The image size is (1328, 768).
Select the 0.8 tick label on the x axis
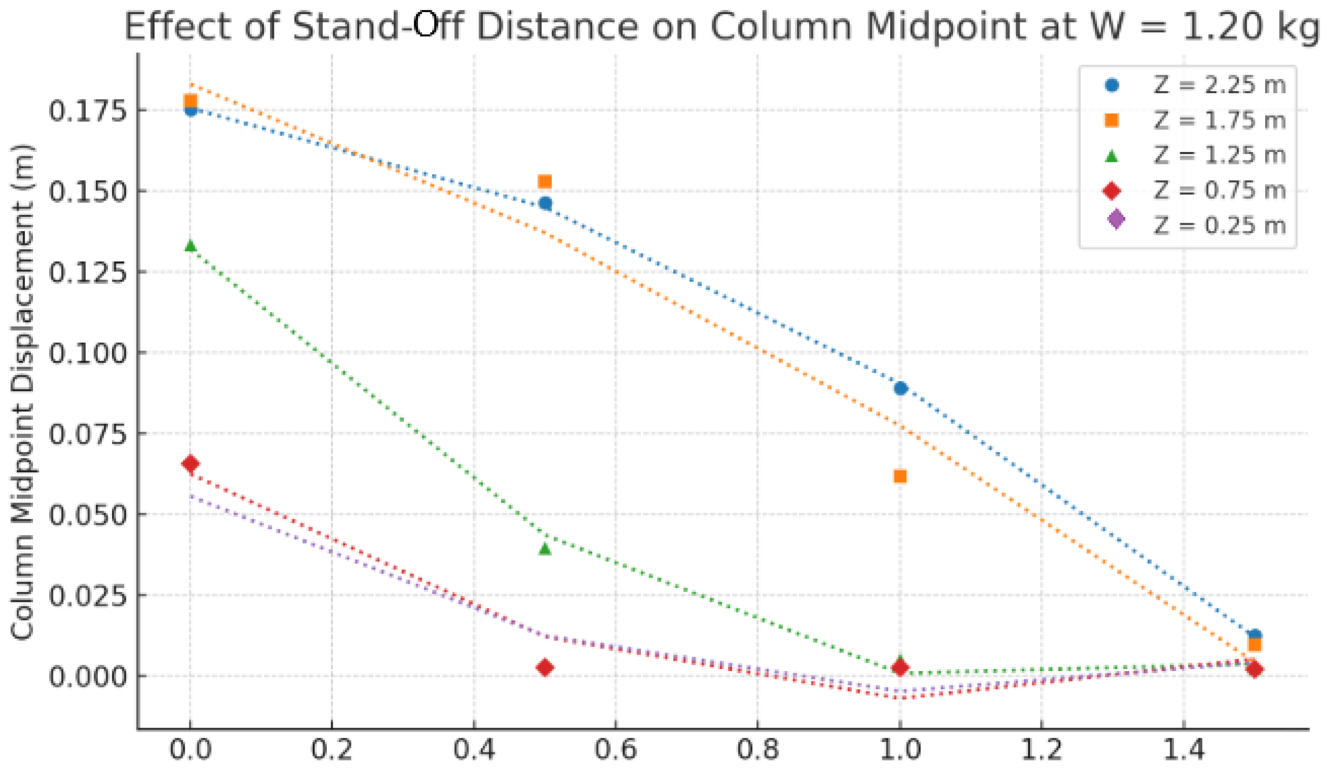click(758, 749)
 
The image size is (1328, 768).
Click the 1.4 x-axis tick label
click(1184, 749)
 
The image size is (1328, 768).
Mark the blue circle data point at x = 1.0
click(901, 389)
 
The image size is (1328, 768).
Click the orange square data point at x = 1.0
click(900, 477)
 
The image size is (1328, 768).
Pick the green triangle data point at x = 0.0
click(190, 246)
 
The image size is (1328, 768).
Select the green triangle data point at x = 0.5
click(545, 549)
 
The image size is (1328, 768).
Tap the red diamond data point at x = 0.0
click(190, 464)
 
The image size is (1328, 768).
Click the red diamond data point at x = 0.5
click(545, 668)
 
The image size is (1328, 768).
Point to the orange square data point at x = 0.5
click(545, 182)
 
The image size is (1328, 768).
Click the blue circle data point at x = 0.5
click(546, 203)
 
